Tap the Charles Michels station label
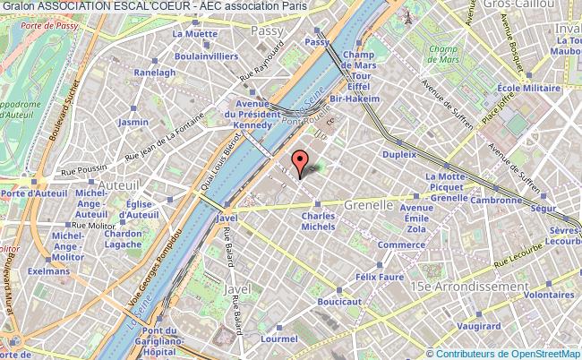tap(318, 221)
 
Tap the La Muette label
tap(196, 34)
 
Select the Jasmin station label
tap(133, 122)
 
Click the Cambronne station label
tap(495, 201)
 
